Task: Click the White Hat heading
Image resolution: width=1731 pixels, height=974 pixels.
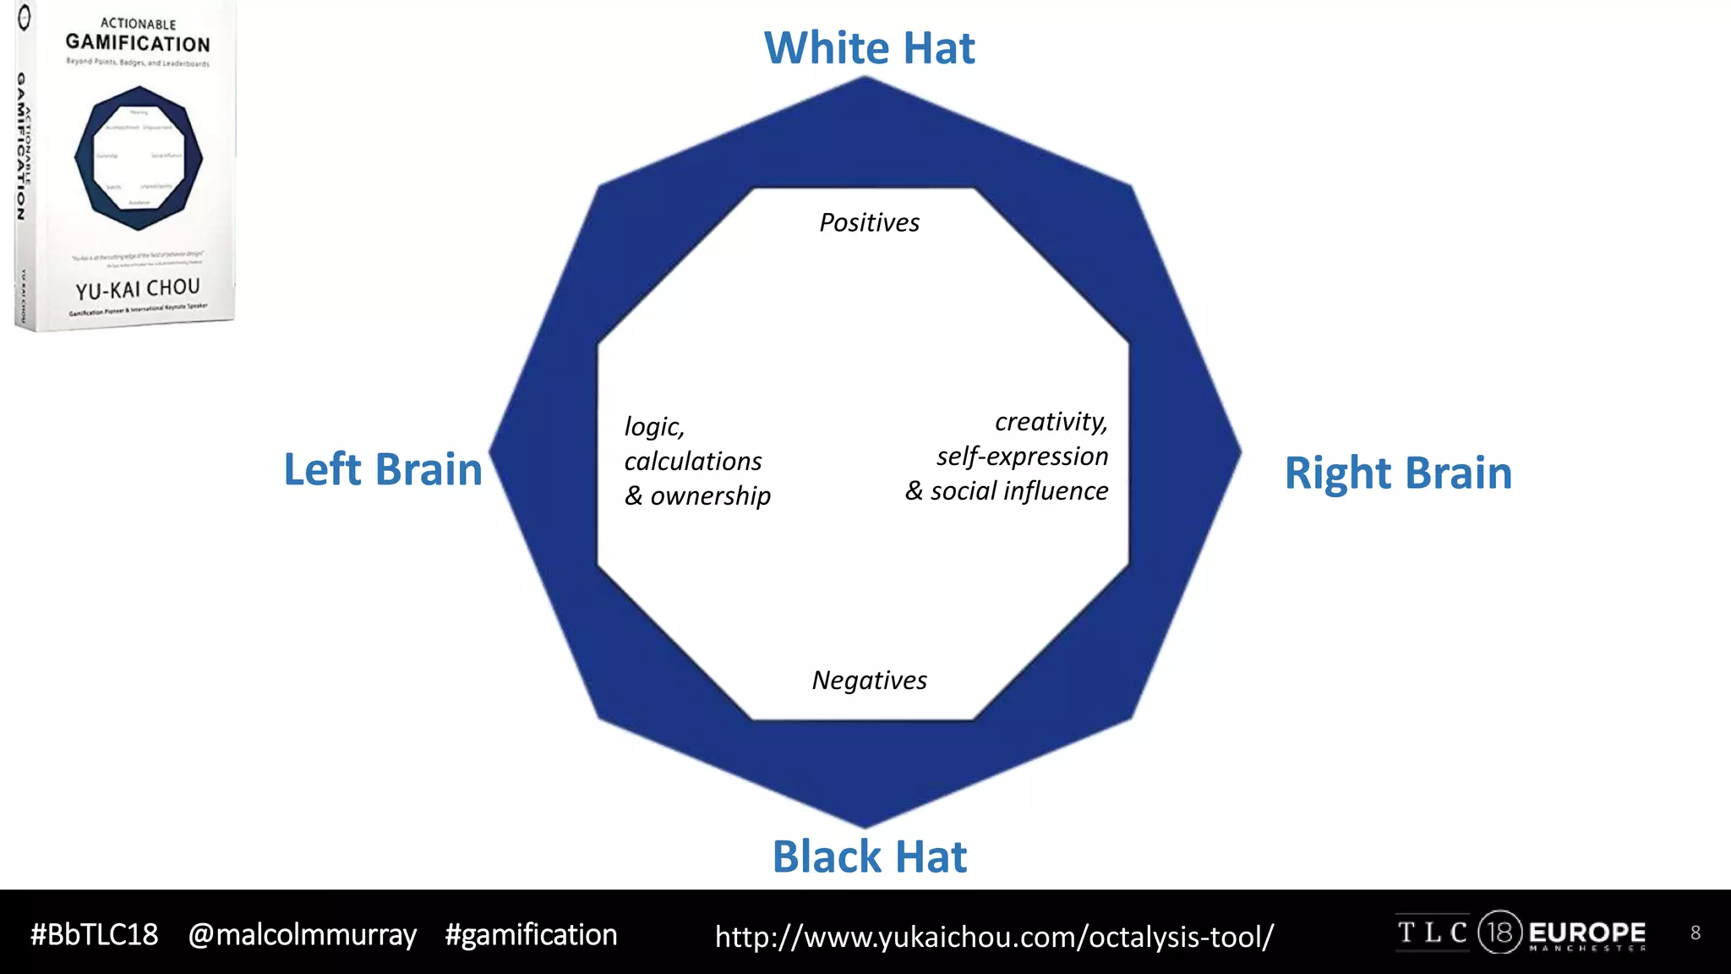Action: pos(869,48)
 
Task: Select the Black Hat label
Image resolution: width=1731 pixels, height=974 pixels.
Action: pos(869,856)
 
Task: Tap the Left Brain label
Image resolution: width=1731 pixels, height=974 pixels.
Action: pos(382,469)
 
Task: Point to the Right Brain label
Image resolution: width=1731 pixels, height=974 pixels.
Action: pos(1398,473)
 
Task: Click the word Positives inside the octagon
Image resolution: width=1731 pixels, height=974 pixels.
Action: pos(869,222)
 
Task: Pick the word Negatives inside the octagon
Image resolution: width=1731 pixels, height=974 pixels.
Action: pos(869,680)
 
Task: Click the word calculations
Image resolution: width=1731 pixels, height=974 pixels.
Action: pos(693,462)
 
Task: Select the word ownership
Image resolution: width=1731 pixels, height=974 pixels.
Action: pos(710,496)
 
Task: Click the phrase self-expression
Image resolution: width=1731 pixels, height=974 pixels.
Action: pos(1022,457)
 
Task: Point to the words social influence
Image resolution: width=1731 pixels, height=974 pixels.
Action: pos(1018,491)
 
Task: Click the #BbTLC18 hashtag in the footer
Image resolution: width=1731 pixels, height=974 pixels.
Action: pos(94,935)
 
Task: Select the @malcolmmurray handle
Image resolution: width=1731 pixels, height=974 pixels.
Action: pos(302,935)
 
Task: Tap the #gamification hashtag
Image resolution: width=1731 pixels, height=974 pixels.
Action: pos(531,935)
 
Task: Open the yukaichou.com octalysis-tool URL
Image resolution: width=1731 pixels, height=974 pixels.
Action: pos(994,937)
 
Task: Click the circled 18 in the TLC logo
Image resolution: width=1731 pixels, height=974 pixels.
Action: pos(1499,933)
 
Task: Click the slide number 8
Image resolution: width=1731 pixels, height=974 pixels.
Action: pos(1695,933)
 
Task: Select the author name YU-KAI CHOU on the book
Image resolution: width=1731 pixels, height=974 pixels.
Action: pos(138,289)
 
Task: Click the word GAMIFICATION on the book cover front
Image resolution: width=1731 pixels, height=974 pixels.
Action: pos(138,42)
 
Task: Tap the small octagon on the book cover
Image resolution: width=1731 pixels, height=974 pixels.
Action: pos(139,158)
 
